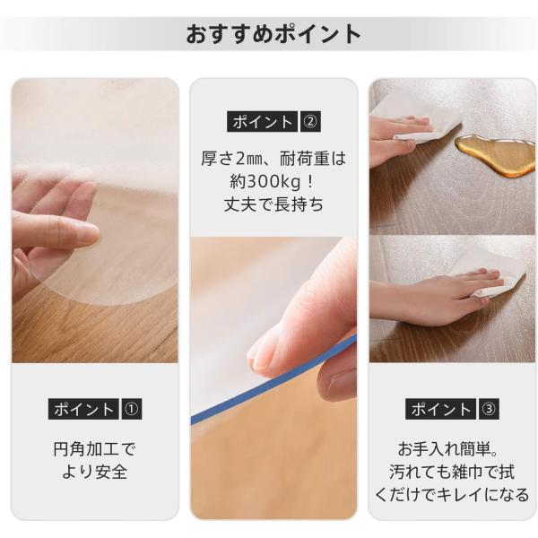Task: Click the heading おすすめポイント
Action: pos(273,34)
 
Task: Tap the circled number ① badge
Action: pos(131,409)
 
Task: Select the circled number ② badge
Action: pos(310,121)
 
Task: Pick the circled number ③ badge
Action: pos(489,409)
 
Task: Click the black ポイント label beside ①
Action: pos(83,409)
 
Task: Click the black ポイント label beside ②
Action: pos(262,121)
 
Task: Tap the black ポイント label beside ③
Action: pos(440,409)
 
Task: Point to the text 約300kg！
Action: pos(273,181)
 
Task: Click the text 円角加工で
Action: pos(95,449)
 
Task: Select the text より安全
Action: pos(95,472)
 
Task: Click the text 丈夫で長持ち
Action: pos(273,204)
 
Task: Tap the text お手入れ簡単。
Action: pos(448,449)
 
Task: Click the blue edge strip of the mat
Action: pos(273,379)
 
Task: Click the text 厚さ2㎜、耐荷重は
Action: pos(273,159)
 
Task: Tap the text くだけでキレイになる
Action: pos(452,494)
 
